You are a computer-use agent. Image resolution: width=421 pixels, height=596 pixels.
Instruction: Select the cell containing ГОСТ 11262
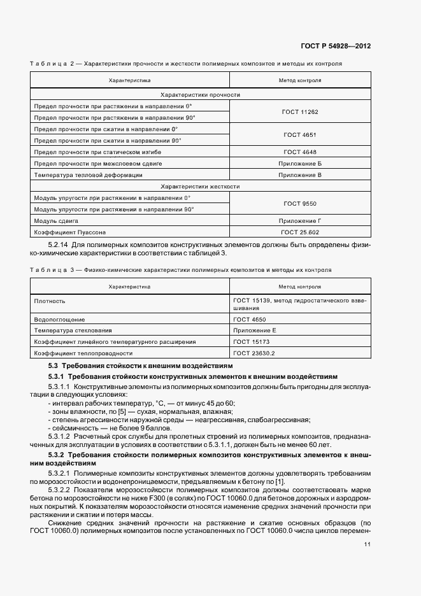point(299,111)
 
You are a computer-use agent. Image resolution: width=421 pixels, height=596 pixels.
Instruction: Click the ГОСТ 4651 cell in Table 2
point(299,134)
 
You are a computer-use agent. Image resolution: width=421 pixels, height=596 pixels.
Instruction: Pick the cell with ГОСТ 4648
point(299,152)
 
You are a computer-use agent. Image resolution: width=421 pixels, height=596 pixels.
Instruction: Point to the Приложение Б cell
point(299,163)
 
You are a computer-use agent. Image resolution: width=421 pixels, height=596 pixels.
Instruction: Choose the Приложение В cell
point(299,174)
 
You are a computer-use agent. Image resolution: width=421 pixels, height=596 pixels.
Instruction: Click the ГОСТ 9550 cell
point(299,203)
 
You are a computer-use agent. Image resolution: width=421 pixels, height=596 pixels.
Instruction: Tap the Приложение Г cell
point(299,220)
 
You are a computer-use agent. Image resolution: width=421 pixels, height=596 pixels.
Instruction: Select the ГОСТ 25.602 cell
point(299,232)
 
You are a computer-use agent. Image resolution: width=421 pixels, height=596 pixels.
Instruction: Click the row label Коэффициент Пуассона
point(70,232)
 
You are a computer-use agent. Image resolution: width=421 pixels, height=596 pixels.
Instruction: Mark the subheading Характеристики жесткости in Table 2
point(200,186)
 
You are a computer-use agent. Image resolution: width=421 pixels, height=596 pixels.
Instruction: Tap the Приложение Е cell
point(255,330)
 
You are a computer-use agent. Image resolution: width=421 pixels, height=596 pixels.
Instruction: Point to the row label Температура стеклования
point(73,330)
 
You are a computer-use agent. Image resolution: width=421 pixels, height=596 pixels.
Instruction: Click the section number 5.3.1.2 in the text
point(61,437)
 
